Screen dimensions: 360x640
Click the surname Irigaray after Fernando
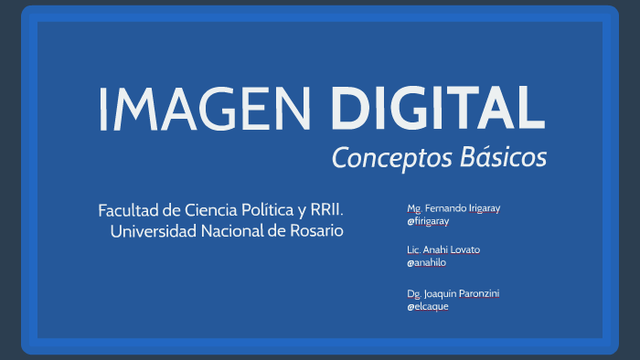[x=485, y=208]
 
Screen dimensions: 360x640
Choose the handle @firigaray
[x=428, y=221]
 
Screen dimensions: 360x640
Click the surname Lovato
[x=467, y=249]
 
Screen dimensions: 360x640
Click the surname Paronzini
[x=480, y=292]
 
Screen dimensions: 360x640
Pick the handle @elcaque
[x=427, y=306]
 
